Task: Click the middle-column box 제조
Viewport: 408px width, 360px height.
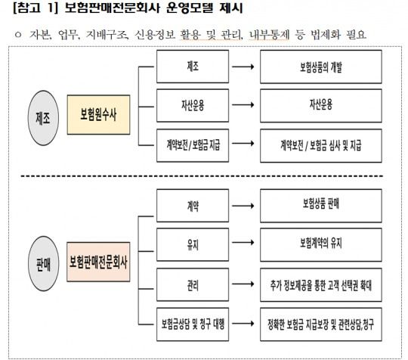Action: tap(192, 67)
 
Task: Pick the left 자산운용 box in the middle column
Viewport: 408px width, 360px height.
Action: tap(192, 104)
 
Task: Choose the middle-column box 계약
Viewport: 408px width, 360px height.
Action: tap(192, 203)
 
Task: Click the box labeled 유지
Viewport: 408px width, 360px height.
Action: tap(192, 243)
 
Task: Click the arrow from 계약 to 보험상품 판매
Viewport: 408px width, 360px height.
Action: tap(243, 203)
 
